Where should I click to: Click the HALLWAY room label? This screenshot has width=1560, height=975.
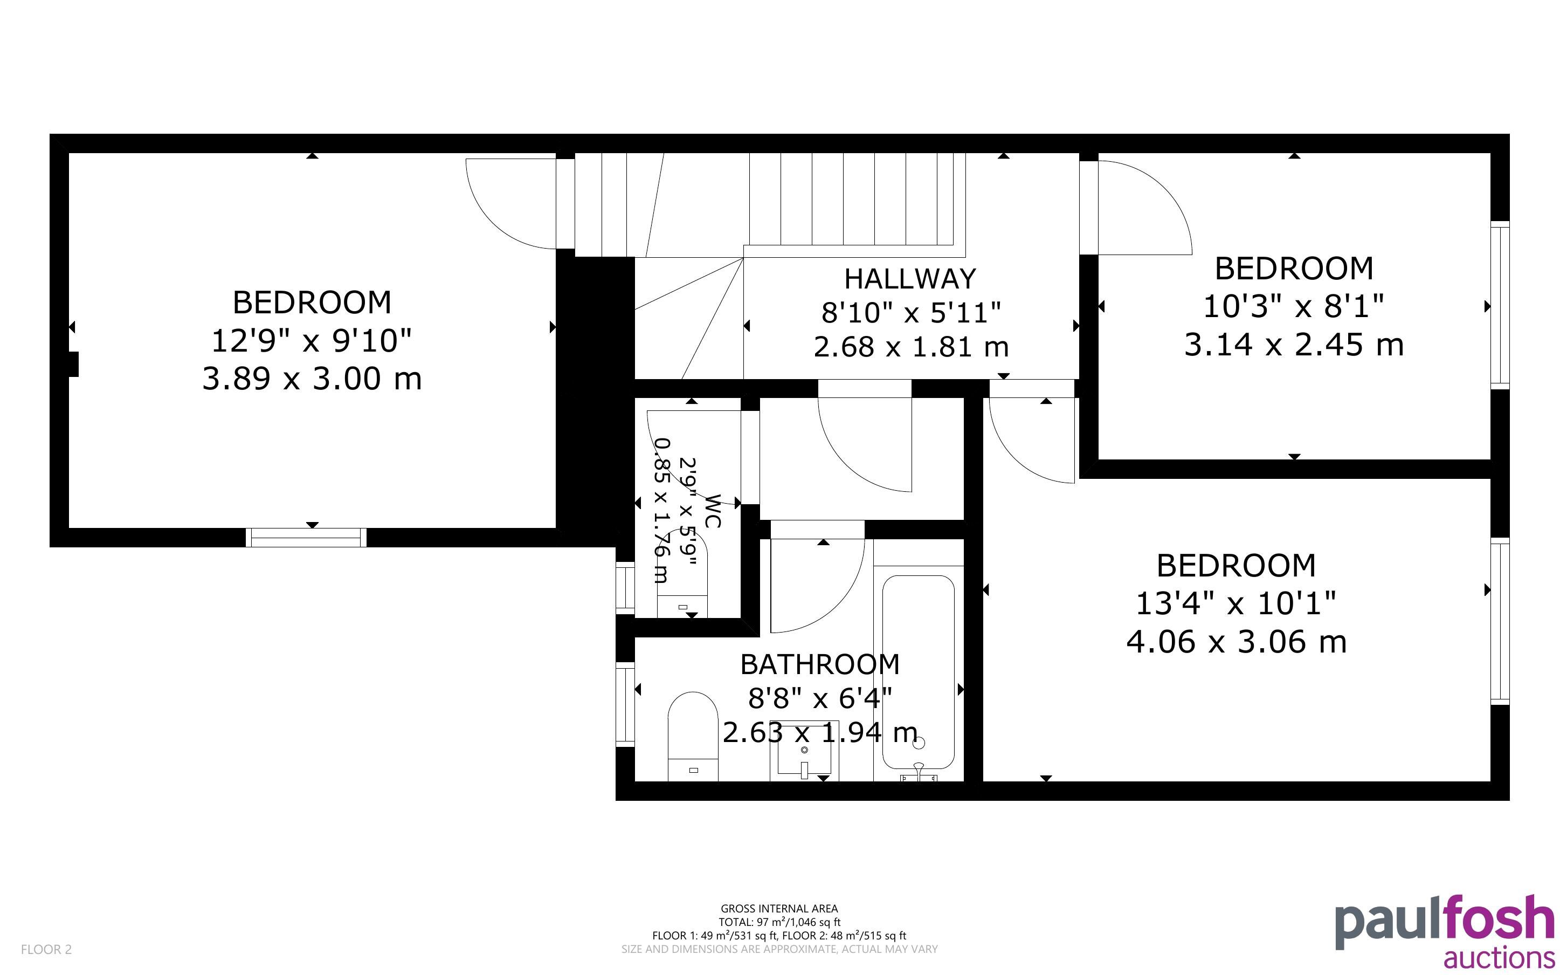tap(910, 279)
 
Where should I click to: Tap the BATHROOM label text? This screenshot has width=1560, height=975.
tap(820, 665)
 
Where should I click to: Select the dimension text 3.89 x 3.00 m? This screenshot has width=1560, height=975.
tap(312, 379)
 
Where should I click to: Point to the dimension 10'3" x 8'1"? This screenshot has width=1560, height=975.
tap(1294, 306)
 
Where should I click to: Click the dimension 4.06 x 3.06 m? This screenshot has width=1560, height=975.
tap(1237, 642)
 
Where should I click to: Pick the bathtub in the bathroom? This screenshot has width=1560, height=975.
tap(918, 672)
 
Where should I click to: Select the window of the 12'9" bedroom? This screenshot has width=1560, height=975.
tap(306, 537)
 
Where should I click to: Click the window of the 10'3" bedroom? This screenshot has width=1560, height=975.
tap(1500, 305)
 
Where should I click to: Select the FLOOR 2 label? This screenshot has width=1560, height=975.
tap(46, 949)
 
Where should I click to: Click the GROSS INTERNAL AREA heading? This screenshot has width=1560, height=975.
tap(779, 909)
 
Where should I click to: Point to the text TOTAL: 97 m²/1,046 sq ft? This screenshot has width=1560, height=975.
tap(779, 922)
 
